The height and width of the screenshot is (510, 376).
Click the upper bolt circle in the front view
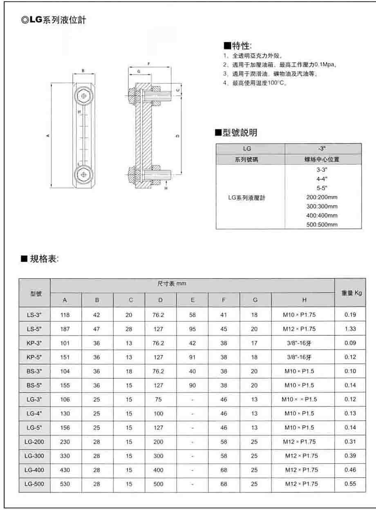pyautogui.click(x=84, y=96)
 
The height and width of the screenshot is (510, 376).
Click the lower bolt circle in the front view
pyautogui.click(x=84, y=174)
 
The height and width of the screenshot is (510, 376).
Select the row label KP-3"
pyautogui.click(x=34, y=343)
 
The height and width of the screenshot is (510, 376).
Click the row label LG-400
pyautogui.click(x=34, y=470)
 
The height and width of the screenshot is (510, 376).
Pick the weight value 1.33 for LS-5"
pyautogui.click(x=350, y=329)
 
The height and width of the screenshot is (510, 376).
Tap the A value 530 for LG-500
pyautogui.click(x=65, y=484)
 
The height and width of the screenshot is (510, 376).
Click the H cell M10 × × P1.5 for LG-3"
pyautogui.click(x=299, y=399)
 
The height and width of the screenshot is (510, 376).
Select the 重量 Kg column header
pyautogui.click(x=350, y=293)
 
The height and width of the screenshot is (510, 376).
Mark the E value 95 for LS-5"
pyautogui.click(x=192, y=329)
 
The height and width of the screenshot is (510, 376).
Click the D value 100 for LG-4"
pyautogui.click(x=158, y=413)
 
